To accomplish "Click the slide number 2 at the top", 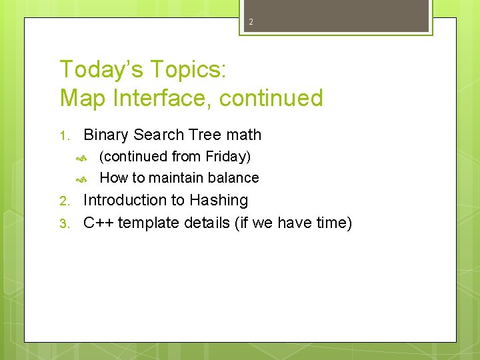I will tap(251, 22).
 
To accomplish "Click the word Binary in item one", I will tap(106, 135).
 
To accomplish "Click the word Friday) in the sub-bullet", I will tap(228, 157).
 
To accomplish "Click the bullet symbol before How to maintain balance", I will tap(82, 179).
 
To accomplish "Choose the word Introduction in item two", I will tap(125, 200).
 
